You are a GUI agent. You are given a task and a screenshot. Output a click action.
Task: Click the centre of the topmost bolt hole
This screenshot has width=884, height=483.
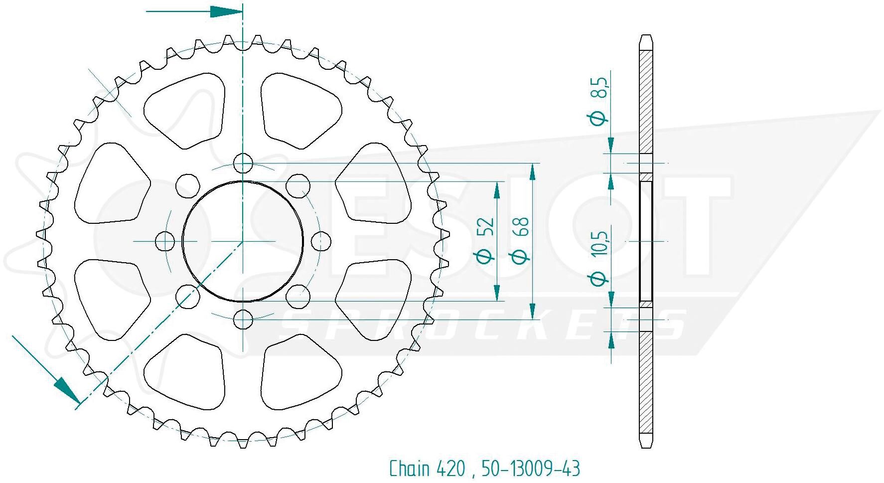(243, 163)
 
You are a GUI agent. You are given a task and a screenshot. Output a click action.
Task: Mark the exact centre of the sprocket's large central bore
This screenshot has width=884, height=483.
(243, 241)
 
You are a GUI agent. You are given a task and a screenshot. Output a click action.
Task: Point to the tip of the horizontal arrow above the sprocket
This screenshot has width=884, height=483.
(242, 12)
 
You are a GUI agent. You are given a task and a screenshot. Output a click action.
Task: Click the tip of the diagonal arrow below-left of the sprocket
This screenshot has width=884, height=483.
(80, 403)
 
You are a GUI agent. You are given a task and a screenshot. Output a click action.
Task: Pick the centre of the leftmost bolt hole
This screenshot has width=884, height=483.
(165, 241)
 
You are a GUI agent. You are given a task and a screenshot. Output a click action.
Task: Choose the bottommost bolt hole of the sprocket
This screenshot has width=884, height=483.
(243, 319)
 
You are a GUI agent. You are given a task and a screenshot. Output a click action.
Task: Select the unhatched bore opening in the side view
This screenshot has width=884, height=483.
(646, 241)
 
